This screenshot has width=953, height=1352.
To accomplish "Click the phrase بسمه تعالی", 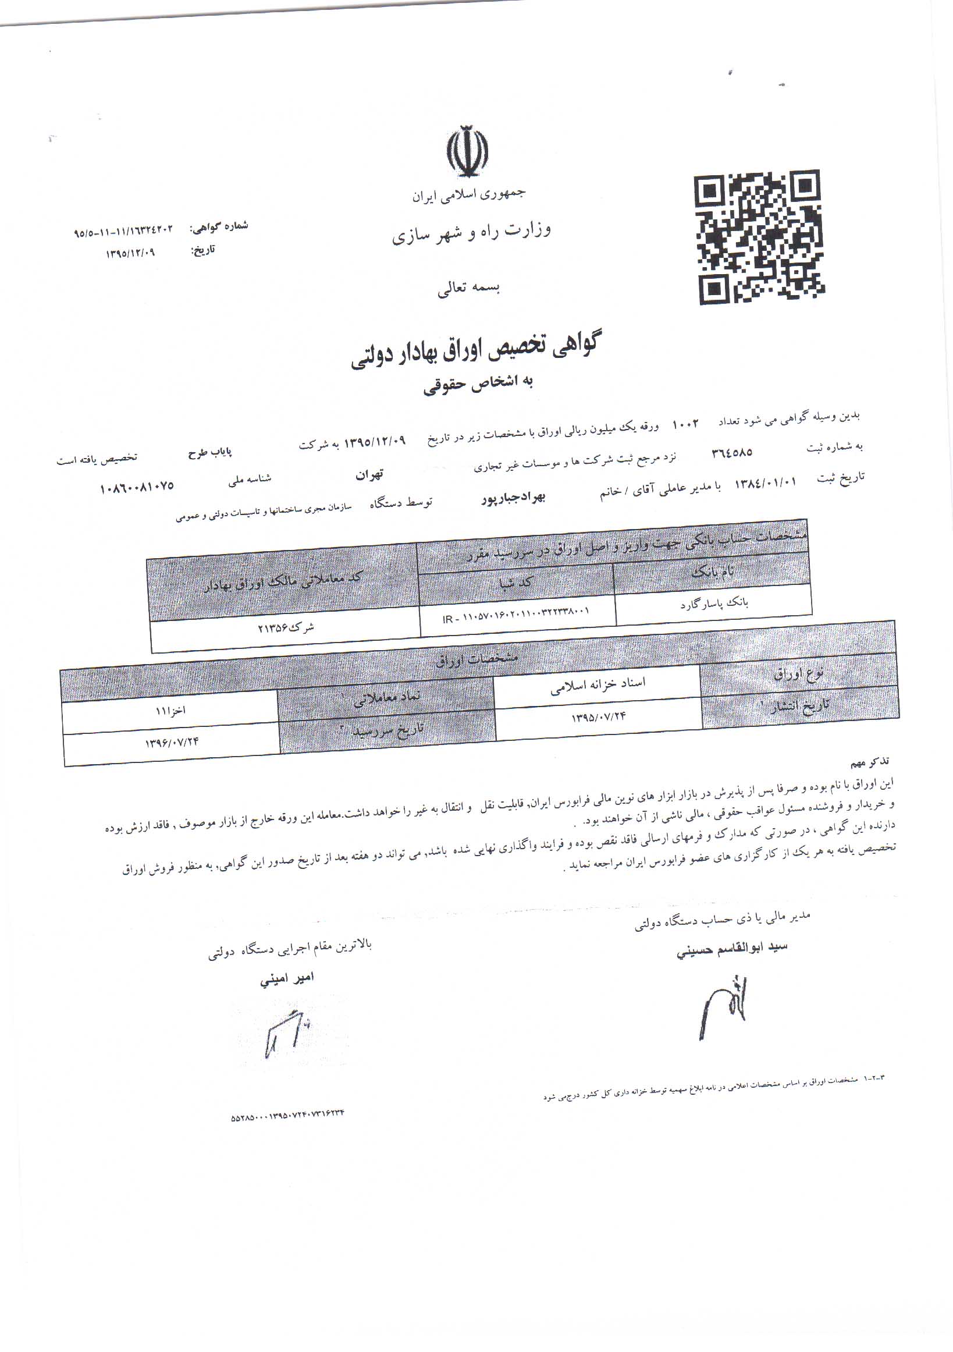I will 468,289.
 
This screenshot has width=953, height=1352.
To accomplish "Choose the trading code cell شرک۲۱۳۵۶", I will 286,629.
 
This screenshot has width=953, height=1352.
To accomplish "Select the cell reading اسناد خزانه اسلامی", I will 598,685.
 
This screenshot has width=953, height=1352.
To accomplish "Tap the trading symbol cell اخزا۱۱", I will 170,711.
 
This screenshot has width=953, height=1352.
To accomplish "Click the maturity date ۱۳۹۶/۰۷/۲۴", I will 172,743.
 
